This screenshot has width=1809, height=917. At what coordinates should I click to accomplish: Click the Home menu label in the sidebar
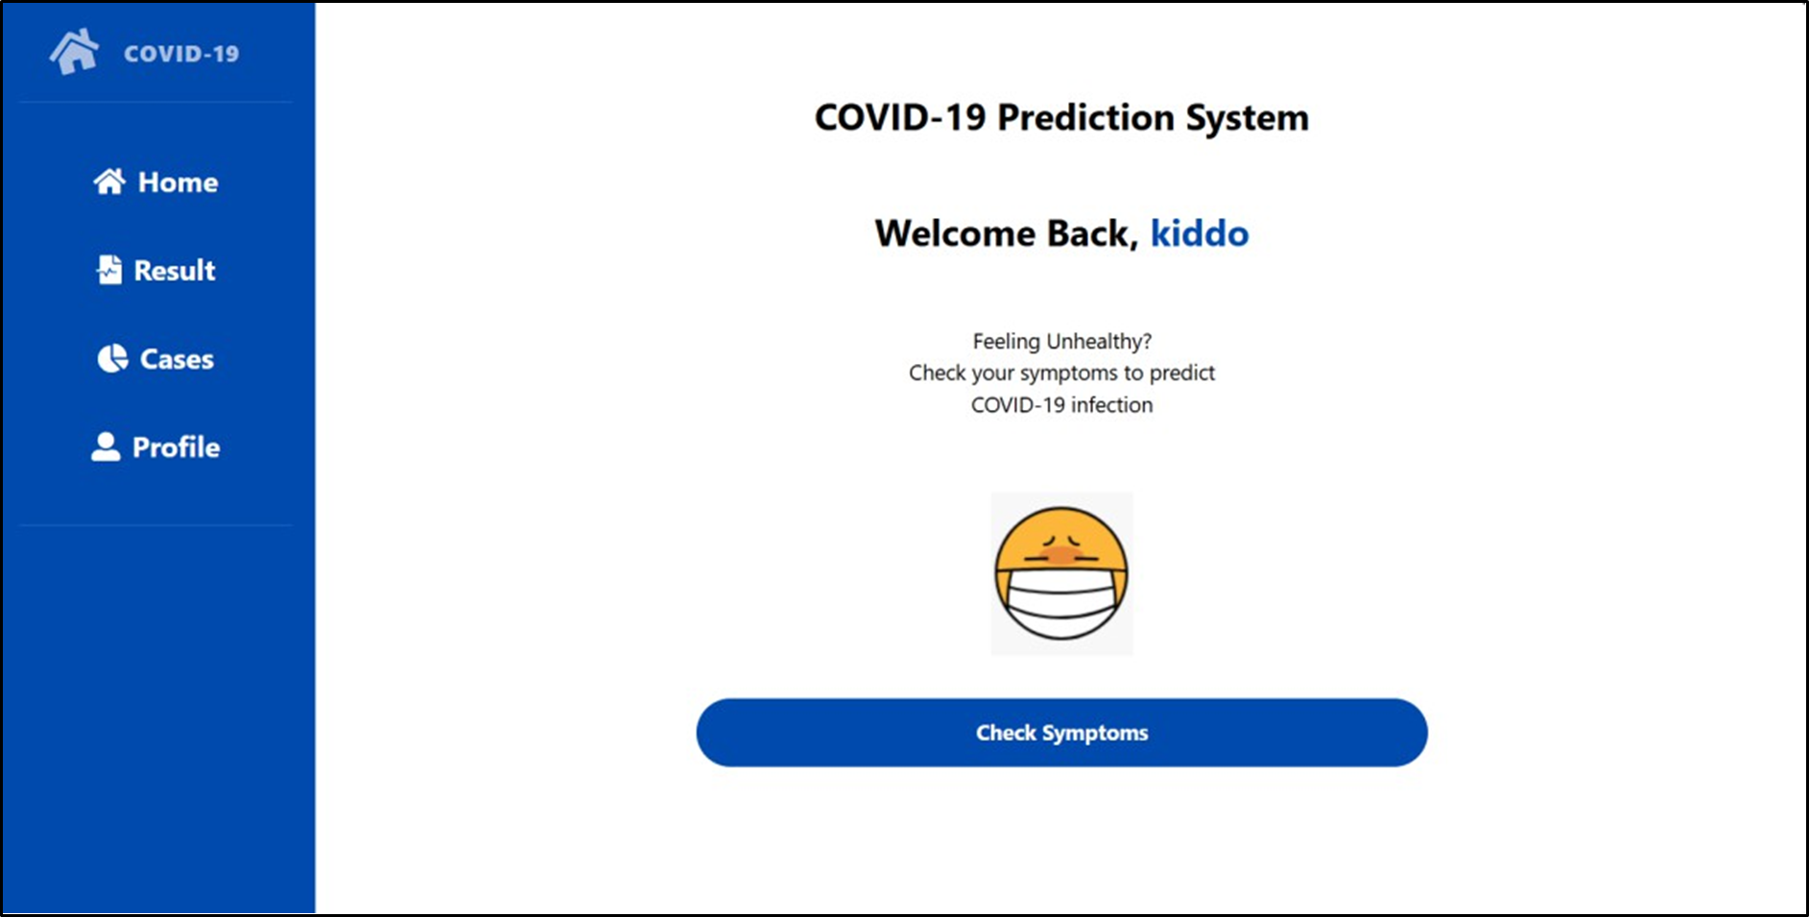click(x=178, y=182)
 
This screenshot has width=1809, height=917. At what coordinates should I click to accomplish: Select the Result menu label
click(x=175, y=271)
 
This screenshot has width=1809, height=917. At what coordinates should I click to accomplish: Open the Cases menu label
click(x=177, y=359)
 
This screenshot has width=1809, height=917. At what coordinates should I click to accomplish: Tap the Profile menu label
click(x=176, y=447)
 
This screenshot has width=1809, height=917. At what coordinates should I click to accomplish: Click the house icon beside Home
click(x=109, y=181)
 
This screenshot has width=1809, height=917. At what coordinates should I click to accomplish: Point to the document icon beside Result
click(x=109, y=270)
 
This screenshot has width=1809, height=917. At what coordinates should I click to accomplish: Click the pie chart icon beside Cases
click(x=112, y=358)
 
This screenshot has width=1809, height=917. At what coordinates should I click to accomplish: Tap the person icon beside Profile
click(x=106, y=446)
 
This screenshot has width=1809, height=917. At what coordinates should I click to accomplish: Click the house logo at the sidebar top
click(x=74, y=52)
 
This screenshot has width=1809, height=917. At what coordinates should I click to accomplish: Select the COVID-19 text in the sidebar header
click(x=181, y=54)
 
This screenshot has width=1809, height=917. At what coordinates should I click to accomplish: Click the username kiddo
click(x=1200, y=233)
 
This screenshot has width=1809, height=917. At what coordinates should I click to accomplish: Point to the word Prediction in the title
click(x=1085, y=117)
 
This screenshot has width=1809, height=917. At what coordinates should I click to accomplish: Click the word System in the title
click(x=1247, y=118)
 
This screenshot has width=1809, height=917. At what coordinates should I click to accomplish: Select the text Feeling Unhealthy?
click(x=1061, y=341)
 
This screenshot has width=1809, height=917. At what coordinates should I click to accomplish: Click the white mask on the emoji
click(x=1061, y=601)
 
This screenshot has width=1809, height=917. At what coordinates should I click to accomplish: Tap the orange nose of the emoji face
click(x=1060, y=555)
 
